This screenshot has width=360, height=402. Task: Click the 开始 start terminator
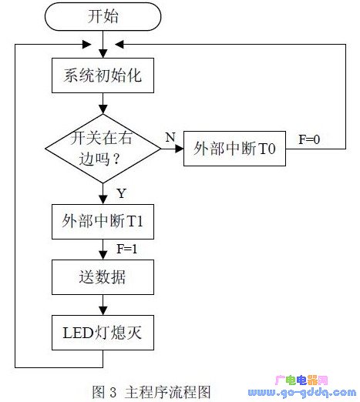(103, 16)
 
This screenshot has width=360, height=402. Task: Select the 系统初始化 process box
(103, 75)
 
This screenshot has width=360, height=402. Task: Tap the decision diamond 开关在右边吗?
(103, 149)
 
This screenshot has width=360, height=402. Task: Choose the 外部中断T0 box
(234, 149)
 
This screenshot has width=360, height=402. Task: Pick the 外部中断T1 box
(103, 222)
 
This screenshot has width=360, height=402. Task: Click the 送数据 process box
(103, 277)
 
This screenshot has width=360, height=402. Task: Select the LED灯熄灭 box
(103, 333)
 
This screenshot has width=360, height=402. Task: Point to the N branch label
(170, 137)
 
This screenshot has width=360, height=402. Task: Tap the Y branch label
(122, 193)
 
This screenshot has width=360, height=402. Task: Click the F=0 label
(309, 139)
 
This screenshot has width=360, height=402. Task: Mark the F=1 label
(127, 249)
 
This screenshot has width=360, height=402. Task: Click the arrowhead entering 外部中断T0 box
(180, 149)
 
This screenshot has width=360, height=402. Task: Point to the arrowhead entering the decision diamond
(103, 109)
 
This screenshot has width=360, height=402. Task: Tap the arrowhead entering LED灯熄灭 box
(103, 311)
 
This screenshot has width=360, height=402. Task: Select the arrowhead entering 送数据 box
(103, 256)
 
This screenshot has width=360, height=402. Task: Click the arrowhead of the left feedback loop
(86, 45)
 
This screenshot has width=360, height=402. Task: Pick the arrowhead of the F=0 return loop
(119, 45)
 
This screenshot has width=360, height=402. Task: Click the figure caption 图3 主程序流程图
(151, 392)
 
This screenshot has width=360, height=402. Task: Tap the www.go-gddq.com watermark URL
(302, 393)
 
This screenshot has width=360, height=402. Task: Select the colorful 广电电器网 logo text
(301, 380)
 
